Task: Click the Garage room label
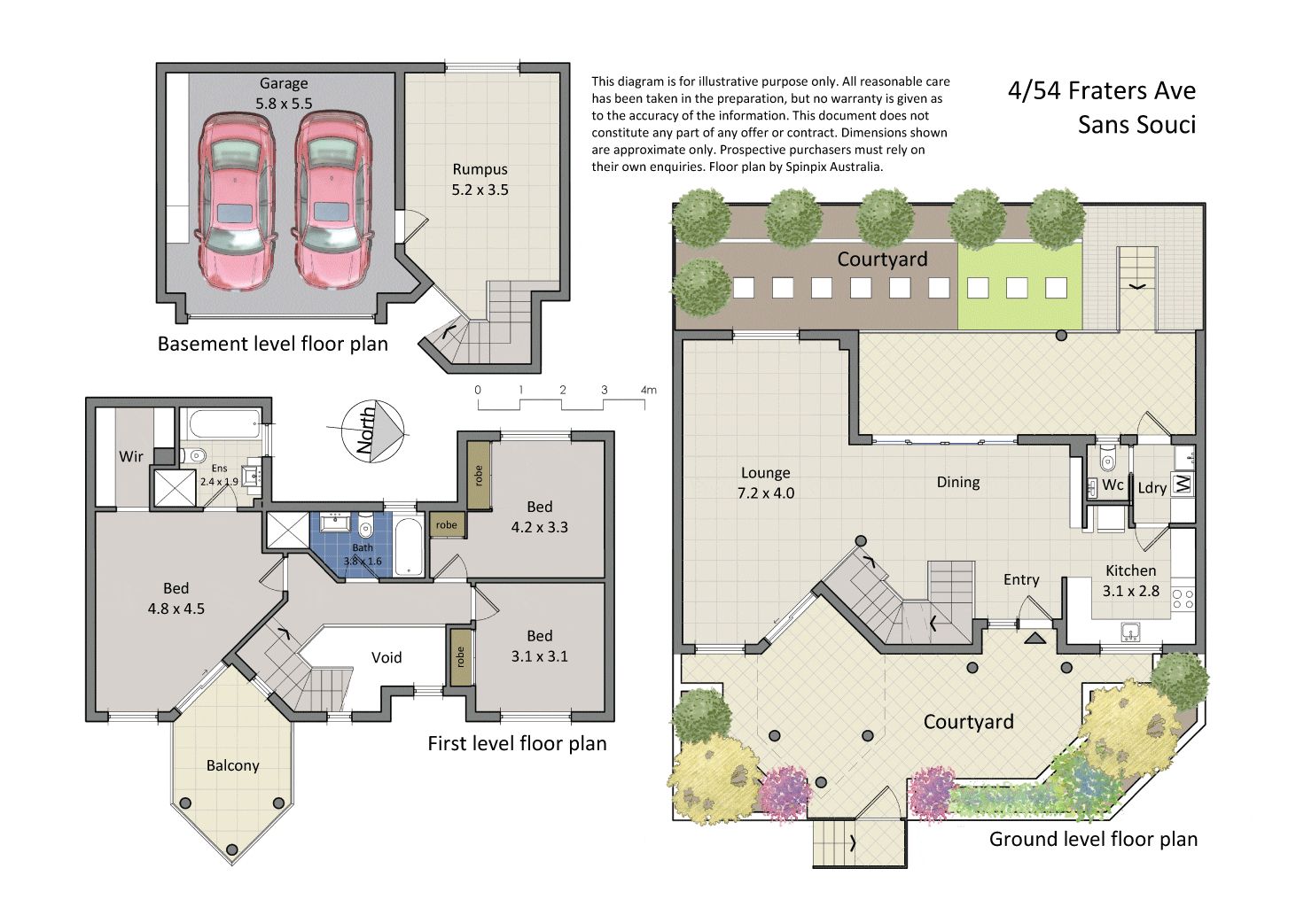pyautogui.click(x=284, y=84)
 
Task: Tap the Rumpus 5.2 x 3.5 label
pyautogui.click(x=480, y=180)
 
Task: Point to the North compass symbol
pyautogui.click(x=373, y=431)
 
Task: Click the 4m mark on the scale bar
pyautogui.click(x=649, y=390)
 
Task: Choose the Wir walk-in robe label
pyautogui.click(x=131, y=457)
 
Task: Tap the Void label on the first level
pyautogui.click(x=386, y=657)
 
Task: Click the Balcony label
pyautogui.click(x=232, y=765)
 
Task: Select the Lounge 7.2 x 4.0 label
pyautogui.click(x=766, y=483)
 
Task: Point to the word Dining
pyautogui.click(x=958, y=483)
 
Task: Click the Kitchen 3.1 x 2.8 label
pyautogui.click(x=1131, y=580)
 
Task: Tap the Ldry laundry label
pyautogui.click(x=1152, y=488)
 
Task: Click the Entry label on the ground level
pyautogui.click(x=1021, y=580)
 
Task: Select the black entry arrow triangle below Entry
pyautogui.click(x=1035, y=638)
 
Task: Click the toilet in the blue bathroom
pyautogui.click(x=365, y=526)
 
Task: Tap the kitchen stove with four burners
pyautogui.click(x=1183, y=599)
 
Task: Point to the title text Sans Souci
pyautogui.click(x=1136, y=125)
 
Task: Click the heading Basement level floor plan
pyautogui.click(x=272, y=344)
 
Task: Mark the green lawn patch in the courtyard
pyautogui.click(x=1019, y=286)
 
